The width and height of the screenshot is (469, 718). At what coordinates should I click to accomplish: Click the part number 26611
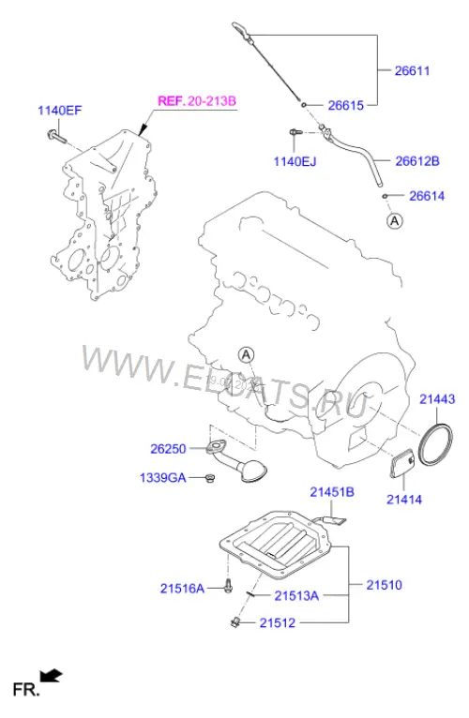[x=412, y=70]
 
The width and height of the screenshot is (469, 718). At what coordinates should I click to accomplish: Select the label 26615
[x=346, y=105]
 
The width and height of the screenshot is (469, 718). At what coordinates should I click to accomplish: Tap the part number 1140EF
[x=60, y=111]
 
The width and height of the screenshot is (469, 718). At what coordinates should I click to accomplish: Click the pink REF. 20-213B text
[x=197, y=100]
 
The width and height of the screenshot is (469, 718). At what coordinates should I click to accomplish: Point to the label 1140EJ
[x=295, y=161]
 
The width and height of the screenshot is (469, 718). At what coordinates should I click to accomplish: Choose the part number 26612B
[x=417, y=161]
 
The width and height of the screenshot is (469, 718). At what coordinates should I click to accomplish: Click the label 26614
[x=427, y=196]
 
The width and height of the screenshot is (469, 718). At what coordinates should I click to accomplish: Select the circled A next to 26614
[x=395, y=221]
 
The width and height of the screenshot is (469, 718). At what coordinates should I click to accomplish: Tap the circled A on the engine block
[x=246, y=354]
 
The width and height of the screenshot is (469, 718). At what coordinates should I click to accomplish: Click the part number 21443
[x=437, y=399]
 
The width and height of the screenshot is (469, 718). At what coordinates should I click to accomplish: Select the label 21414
[x=404, y=500]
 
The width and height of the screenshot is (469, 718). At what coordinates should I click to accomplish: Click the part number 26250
[x=168, y=449]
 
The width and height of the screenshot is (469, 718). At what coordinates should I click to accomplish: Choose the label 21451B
[x=332, y=492]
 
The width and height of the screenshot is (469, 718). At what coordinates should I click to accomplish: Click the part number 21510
[x=384, y=585]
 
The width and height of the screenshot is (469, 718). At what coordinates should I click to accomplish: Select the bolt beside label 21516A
[x=228, y=586]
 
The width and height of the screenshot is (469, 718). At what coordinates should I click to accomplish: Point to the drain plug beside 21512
[x=236, y=621]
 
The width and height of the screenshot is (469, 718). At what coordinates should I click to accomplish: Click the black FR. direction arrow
[x=51, y=676]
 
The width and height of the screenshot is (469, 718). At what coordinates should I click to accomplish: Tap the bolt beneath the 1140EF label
[x=56, y=135]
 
